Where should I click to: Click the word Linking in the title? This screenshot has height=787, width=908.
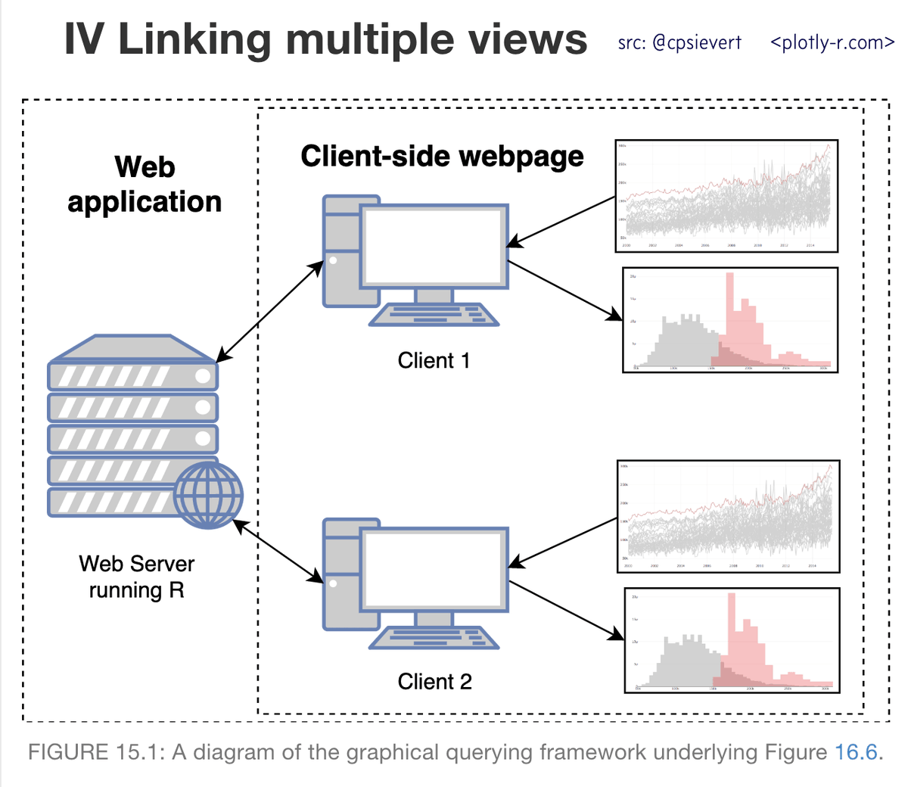pos(195,39)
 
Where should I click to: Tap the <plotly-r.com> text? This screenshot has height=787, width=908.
pos(832,43)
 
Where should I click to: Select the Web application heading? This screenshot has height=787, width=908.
pos(145,185)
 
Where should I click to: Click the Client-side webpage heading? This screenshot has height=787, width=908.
pos(442,157)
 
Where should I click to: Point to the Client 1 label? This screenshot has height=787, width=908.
pos(434,361)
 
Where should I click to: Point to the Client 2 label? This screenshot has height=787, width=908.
pos(434,682)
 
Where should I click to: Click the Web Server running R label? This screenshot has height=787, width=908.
pos(136,577)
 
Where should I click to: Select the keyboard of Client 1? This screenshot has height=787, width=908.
pos(434,314)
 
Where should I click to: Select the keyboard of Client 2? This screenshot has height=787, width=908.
pos(434,637)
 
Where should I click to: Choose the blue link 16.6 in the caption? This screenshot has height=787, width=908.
pos(856,752)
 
